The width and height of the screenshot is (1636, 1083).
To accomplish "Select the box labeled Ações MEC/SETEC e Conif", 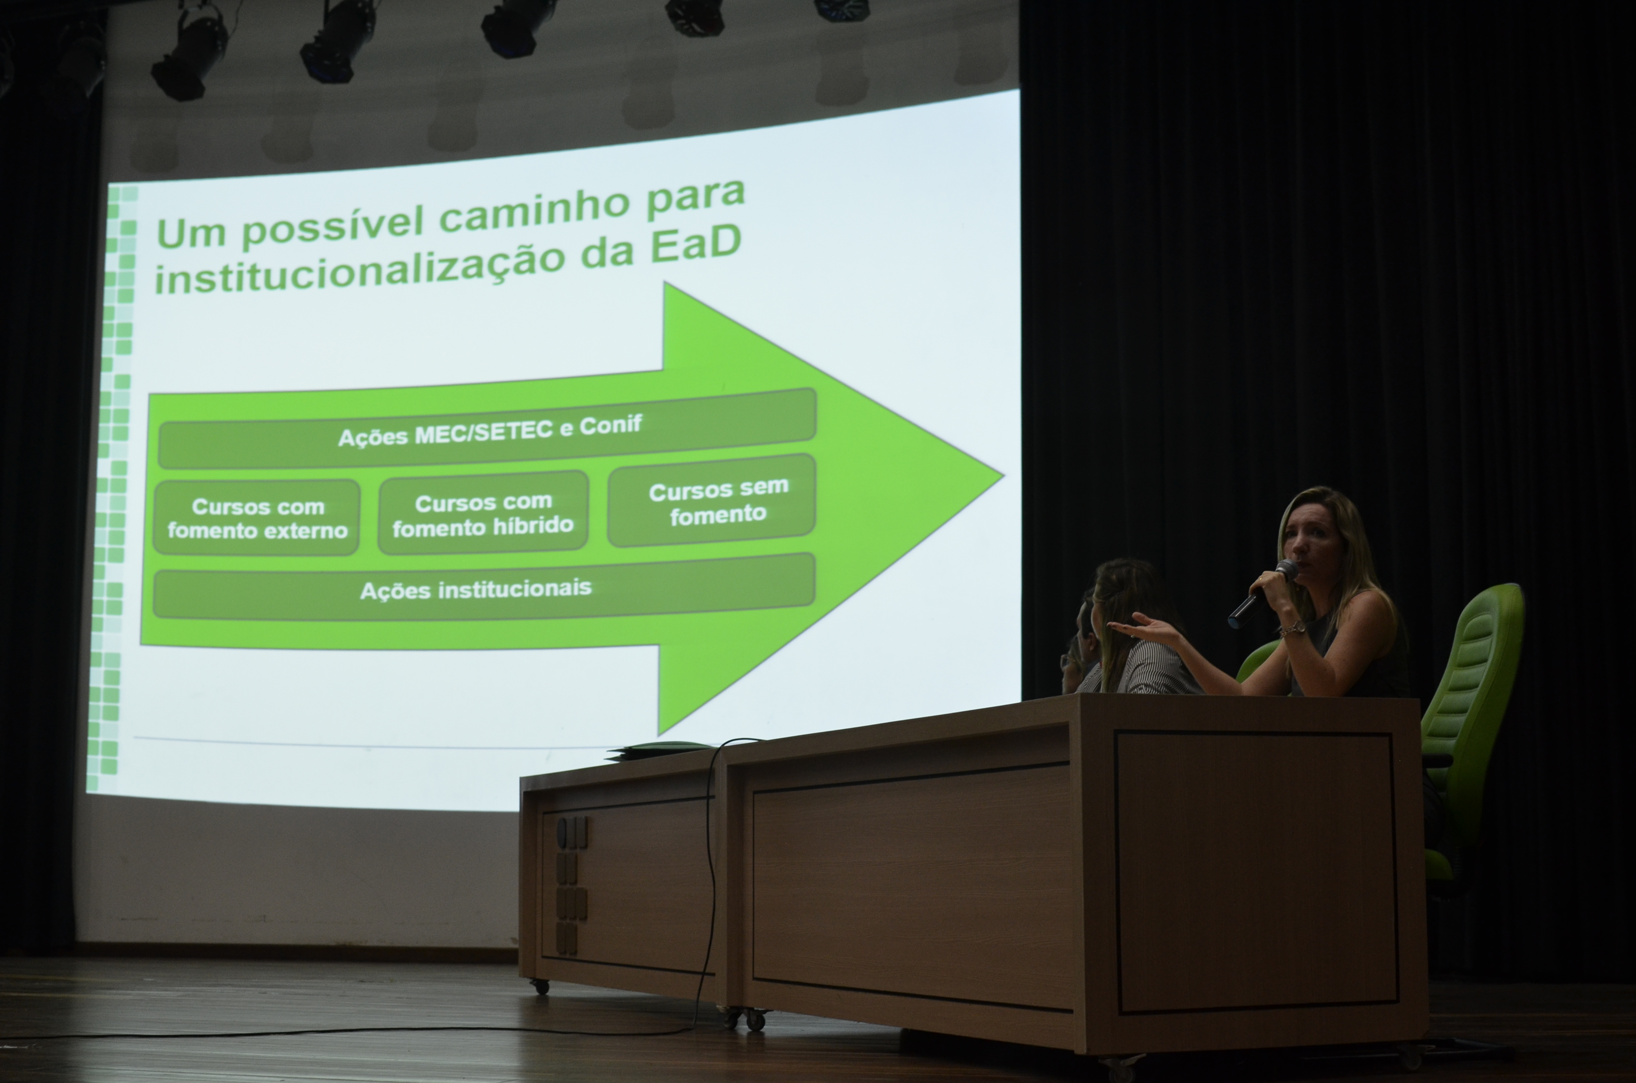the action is point(487,428).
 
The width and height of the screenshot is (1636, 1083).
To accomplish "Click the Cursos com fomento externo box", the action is point(257,518).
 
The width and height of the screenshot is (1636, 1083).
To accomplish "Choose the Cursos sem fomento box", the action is point(712,500).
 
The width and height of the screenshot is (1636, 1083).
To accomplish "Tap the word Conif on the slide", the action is point(611,424).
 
